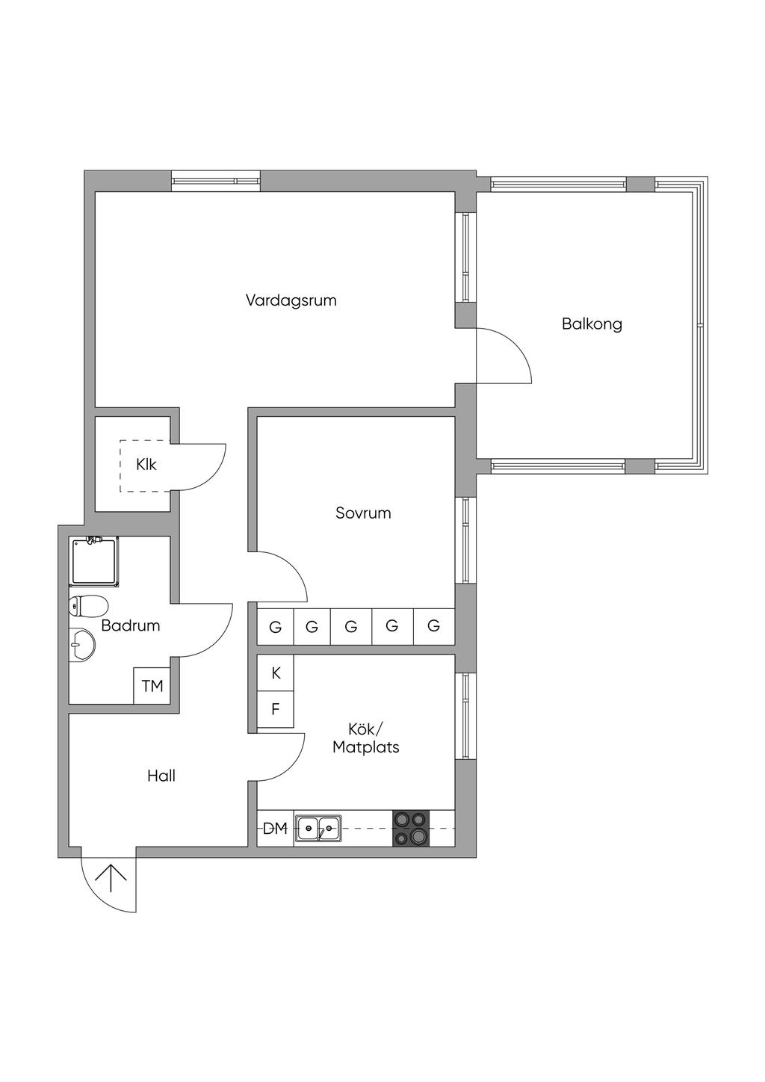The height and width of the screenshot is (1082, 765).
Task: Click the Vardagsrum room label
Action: (x=291, y=300)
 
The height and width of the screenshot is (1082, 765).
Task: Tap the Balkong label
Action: (x=592, y=324)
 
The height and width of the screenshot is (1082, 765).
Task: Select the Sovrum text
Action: (x=363, y=513)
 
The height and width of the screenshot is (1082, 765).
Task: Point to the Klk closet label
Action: (x=146, y=464)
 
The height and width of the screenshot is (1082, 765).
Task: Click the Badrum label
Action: (x=131, y=625)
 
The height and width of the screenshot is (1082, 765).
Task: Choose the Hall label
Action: (x=161, y=776)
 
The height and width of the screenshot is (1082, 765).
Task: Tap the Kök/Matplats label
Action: (x=366, y=738)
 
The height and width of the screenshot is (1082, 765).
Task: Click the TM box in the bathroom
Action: (x=152, y=685)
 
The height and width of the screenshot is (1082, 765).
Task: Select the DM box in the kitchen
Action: (x=276, y=829)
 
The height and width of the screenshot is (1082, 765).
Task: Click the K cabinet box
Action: (x=276, y=673)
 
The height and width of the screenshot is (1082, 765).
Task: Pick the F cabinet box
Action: (x=276, y=709)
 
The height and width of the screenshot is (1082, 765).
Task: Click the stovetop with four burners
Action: (x=412, y=829)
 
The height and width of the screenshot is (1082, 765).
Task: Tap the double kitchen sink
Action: (x=318, y=829)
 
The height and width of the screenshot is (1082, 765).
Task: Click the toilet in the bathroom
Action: (x=88, y=605)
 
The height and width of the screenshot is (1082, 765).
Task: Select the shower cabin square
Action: (x=94, y=561)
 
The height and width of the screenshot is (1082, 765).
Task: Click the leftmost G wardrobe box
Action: (x=276, y=627)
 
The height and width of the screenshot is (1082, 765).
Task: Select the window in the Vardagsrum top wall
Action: (x=216, y=181)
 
